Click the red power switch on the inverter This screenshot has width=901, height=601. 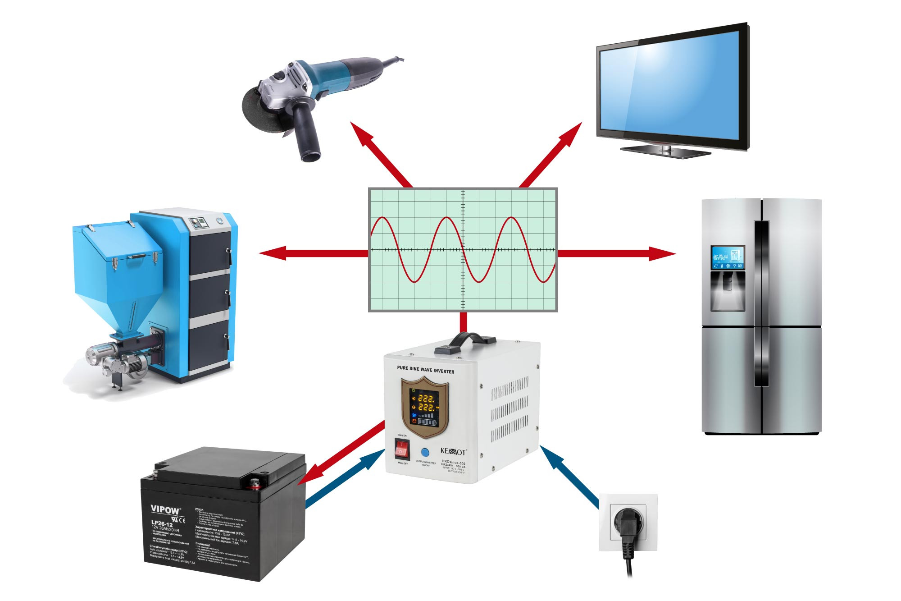(401, 449)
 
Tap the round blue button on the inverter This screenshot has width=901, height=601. (425, 452)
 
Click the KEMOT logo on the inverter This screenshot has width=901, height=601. (453, 451)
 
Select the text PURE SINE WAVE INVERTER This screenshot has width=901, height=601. (425, 370)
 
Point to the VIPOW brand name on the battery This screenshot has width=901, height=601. (165, 509)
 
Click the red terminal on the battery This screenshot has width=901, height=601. (255, 484)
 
